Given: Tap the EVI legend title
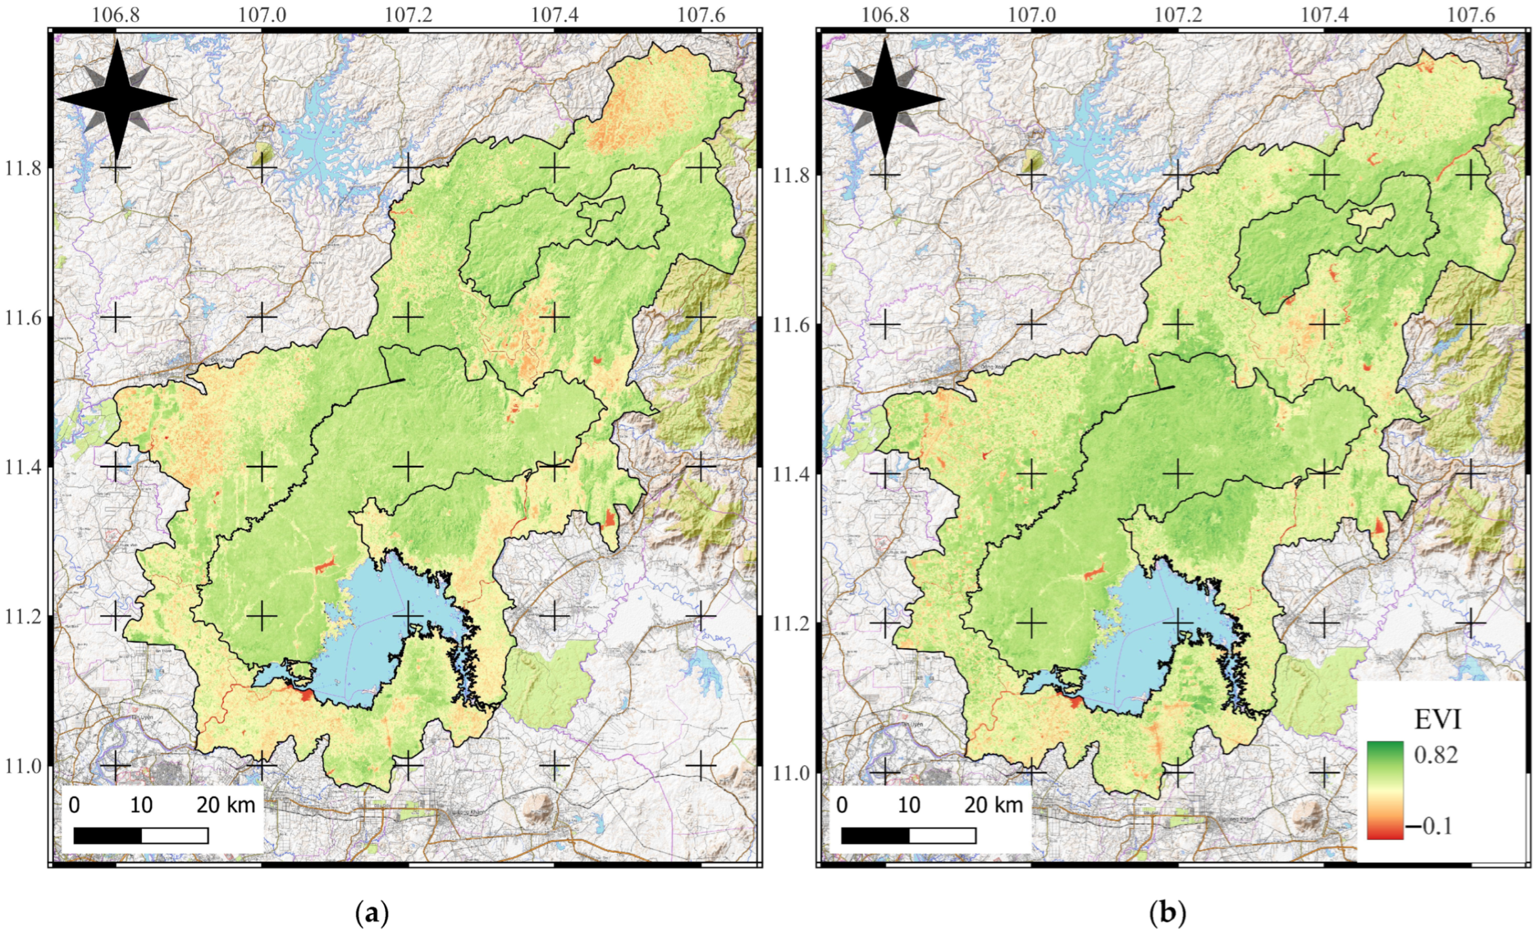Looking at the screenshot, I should coord(1438,720).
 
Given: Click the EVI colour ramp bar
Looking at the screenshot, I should coord(1385,790).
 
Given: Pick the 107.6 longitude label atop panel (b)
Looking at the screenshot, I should coord(1471,13).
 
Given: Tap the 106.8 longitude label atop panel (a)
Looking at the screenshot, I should coord(116,13).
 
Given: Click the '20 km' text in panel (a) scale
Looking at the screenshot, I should coord(226,805).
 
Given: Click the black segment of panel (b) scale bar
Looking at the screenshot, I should coord(875,836).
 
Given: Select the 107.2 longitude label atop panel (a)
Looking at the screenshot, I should coord(409,13).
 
